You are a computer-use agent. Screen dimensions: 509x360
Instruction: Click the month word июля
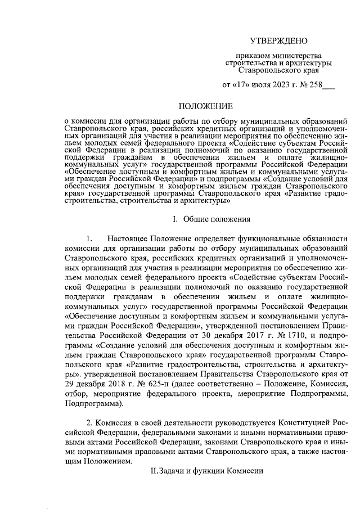(x=260, y=86)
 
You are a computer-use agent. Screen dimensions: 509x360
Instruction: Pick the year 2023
(x=281, y=86)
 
